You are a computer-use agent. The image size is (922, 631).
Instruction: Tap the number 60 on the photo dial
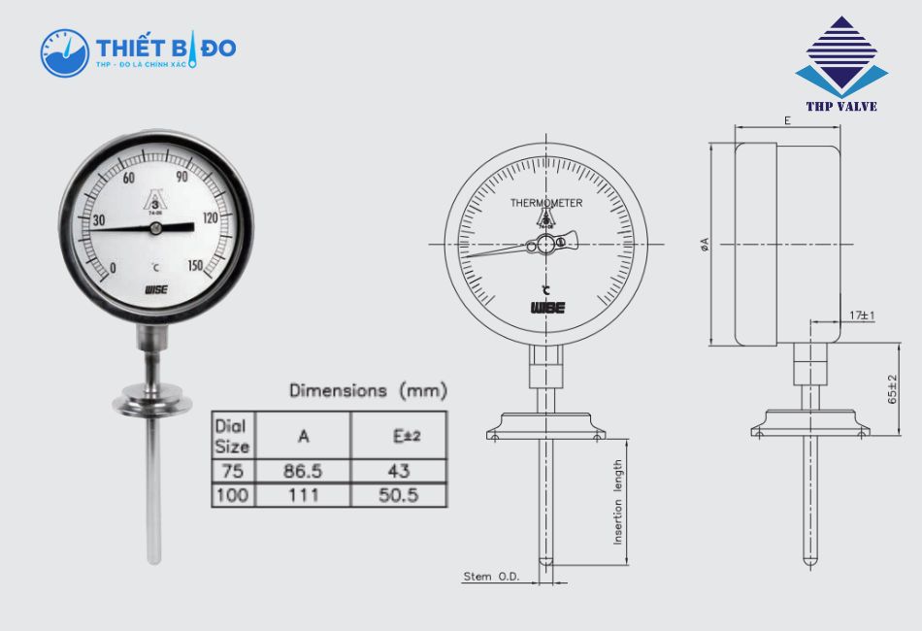pyautogui.click(x=129, y=178)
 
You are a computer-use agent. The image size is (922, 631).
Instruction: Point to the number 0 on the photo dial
pyautogui.click(x=113, y=268)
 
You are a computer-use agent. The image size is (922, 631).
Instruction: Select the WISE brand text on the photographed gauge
pyautogui.click(x=156, y=289)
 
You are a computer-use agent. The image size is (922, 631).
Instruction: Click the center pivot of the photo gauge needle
pyautogui.click(x=155, y=228)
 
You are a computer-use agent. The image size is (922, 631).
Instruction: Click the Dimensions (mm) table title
pyautogui.click(x=368, y=390)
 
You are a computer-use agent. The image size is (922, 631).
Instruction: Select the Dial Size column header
pyautogui.click(x=233, y=437)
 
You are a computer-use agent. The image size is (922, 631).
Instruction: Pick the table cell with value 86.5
pyautogui.click(x=303, y=471)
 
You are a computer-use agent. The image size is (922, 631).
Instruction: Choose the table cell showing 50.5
pyautogui.click(x=398, y=495)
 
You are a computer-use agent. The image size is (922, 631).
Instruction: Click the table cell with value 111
pyautogui.click(x=303, y=495)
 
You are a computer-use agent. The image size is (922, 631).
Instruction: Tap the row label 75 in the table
pyautogui.click(x=233, y=471)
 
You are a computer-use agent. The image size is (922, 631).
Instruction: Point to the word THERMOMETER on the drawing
pyautogui.click(x=546, y=203)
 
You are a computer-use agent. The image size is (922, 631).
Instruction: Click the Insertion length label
pyautogui.click(x=617, y=501)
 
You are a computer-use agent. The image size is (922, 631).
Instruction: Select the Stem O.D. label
pyautogui.click(x=491, y=577)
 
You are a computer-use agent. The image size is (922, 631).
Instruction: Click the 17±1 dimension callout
pyautogui.click(x=861, y=315)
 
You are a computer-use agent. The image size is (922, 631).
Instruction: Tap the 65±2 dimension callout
pyautogui.click(x=892, y=389)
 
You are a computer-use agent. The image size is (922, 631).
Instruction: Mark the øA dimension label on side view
pyautogui.click(x=704, y=245)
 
